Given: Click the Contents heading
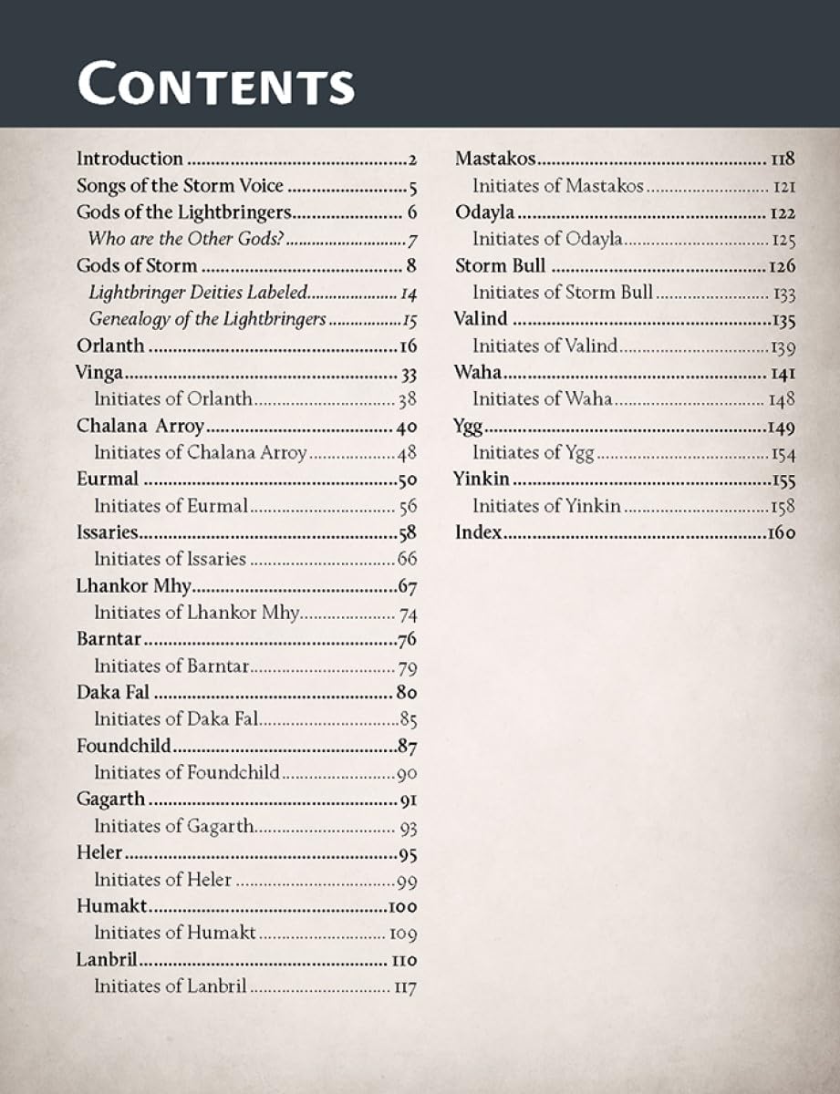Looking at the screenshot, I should tap(215, 83).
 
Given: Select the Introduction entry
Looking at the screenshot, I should tap(130, 159).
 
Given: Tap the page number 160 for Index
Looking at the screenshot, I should tap(781, 532).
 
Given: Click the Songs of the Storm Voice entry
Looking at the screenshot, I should tap(180, 186).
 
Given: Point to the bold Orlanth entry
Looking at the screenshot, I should tap(110, 346).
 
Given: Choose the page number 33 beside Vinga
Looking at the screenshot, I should tap(407, 373).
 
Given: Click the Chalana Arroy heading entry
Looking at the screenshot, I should tap(140, 426).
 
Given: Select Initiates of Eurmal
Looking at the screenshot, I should tap(171, 505).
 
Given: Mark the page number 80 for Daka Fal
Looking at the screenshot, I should tap(407, 692).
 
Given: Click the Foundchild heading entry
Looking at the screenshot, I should tap(123, 746).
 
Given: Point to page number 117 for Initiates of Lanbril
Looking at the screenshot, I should tap(405, 986).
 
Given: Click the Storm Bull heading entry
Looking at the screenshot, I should tap(500, 265).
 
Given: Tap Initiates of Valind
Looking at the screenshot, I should tap(544, 346).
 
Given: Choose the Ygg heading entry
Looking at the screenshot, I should tap(469, 426).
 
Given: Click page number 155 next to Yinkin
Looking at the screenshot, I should tap(783, 480).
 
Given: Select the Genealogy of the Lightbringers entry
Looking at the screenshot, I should tap(207, 319).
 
